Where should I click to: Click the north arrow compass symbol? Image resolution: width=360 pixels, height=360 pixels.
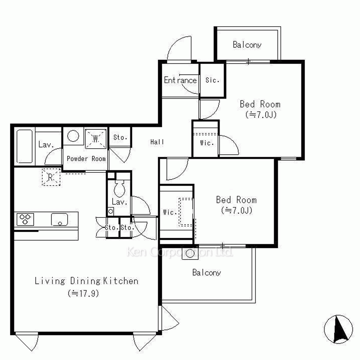[x=338, y=329]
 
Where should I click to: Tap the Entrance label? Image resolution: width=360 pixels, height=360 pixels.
[x=180, y=80]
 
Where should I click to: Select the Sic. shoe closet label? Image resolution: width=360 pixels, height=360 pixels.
[x=212, y=80]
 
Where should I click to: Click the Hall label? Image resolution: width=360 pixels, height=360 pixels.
[x=157, y=142]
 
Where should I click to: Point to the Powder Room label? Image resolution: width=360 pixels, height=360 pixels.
[x=86, y=159]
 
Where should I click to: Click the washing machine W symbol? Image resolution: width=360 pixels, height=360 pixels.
[x=96, y=139]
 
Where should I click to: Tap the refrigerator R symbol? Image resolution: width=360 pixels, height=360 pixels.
[x=51, y=177]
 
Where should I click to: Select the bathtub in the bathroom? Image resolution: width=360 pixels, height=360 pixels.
[x=25, y=146]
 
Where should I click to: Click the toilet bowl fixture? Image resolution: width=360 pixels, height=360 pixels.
[x=120, y=188]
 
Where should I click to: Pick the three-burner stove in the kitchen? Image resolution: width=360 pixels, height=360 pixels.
[x=25, y=219]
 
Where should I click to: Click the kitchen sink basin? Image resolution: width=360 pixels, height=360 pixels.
[x=59, y=220]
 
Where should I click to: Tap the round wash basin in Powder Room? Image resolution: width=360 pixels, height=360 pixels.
[x=73, y=136]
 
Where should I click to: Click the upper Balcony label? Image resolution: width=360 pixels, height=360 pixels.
[x=247, y=45]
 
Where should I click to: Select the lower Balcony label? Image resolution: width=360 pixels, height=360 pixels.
[x=207, y=273]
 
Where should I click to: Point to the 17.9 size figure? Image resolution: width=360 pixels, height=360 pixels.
[x=84, y=293]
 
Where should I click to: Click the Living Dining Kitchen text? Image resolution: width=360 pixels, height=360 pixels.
[x=86, y=281]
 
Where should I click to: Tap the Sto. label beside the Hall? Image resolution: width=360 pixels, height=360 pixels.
[x=120, y=137]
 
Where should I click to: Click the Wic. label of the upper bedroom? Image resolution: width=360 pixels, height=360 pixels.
[x=207, y=143]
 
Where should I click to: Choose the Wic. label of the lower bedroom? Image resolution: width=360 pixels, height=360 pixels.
[x=170, y=212]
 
